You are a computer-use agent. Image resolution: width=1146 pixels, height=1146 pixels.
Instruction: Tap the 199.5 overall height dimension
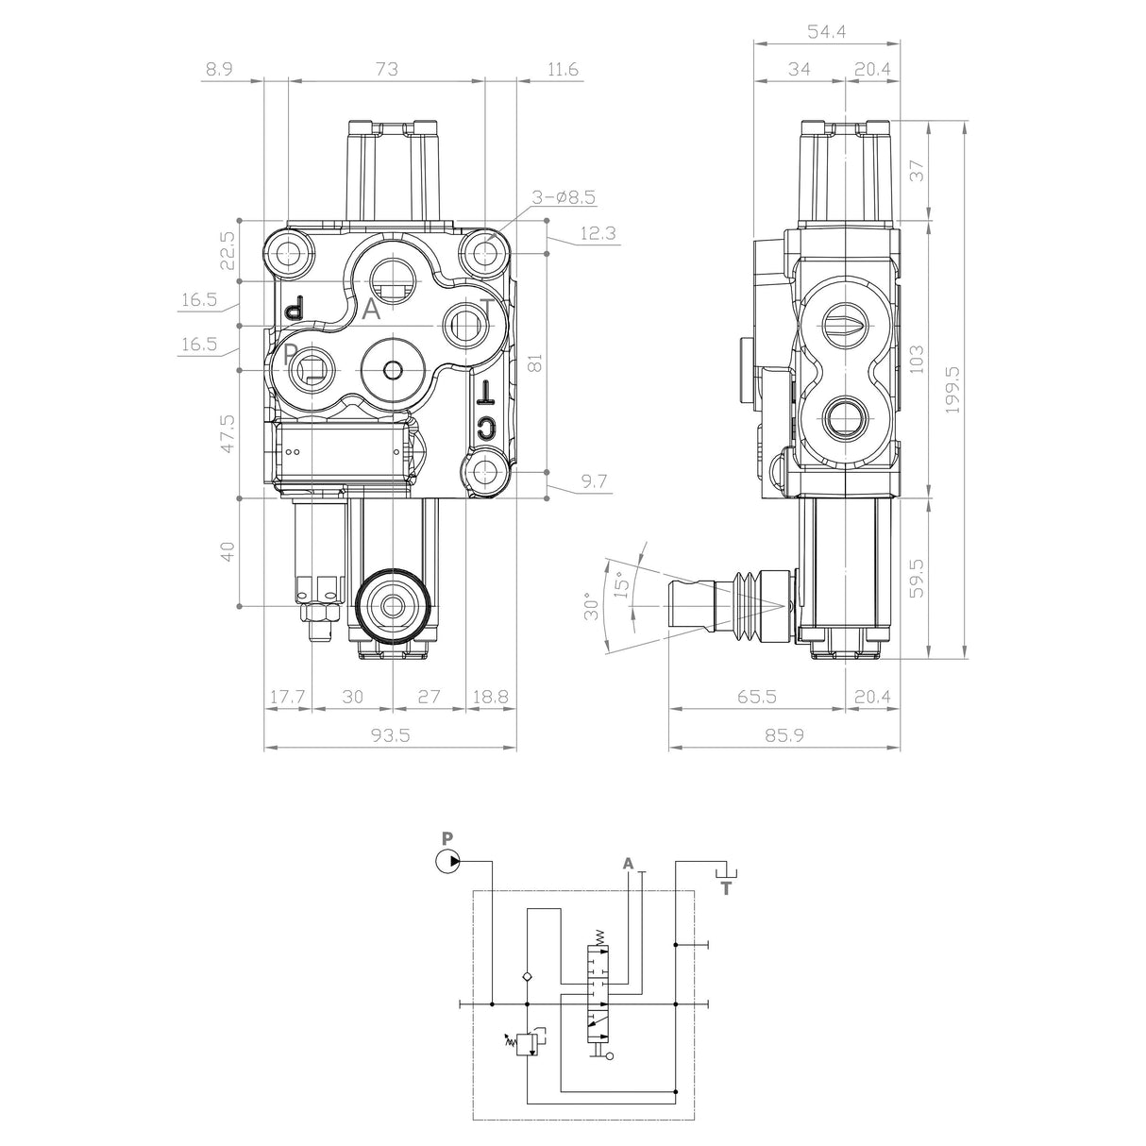point(952,389)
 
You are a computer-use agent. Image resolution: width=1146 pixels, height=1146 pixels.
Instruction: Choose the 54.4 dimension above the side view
point(826,32)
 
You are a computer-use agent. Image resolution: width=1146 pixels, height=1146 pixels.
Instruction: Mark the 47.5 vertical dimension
point(227,433)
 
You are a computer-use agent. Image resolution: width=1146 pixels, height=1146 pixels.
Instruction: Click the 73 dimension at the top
point(386,69)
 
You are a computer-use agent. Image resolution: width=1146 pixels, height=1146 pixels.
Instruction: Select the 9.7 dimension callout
point(594,481)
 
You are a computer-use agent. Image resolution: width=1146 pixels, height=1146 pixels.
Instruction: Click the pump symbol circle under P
point(447,861)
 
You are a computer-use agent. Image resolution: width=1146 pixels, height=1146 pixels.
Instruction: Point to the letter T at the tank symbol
point(725,888)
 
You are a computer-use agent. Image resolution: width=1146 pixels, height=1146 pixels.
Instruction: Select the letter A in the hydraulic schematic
point(628,863)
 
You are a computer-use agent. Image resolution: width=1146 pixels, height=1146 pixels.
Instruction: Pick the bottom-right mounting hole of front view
point(487,469)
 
